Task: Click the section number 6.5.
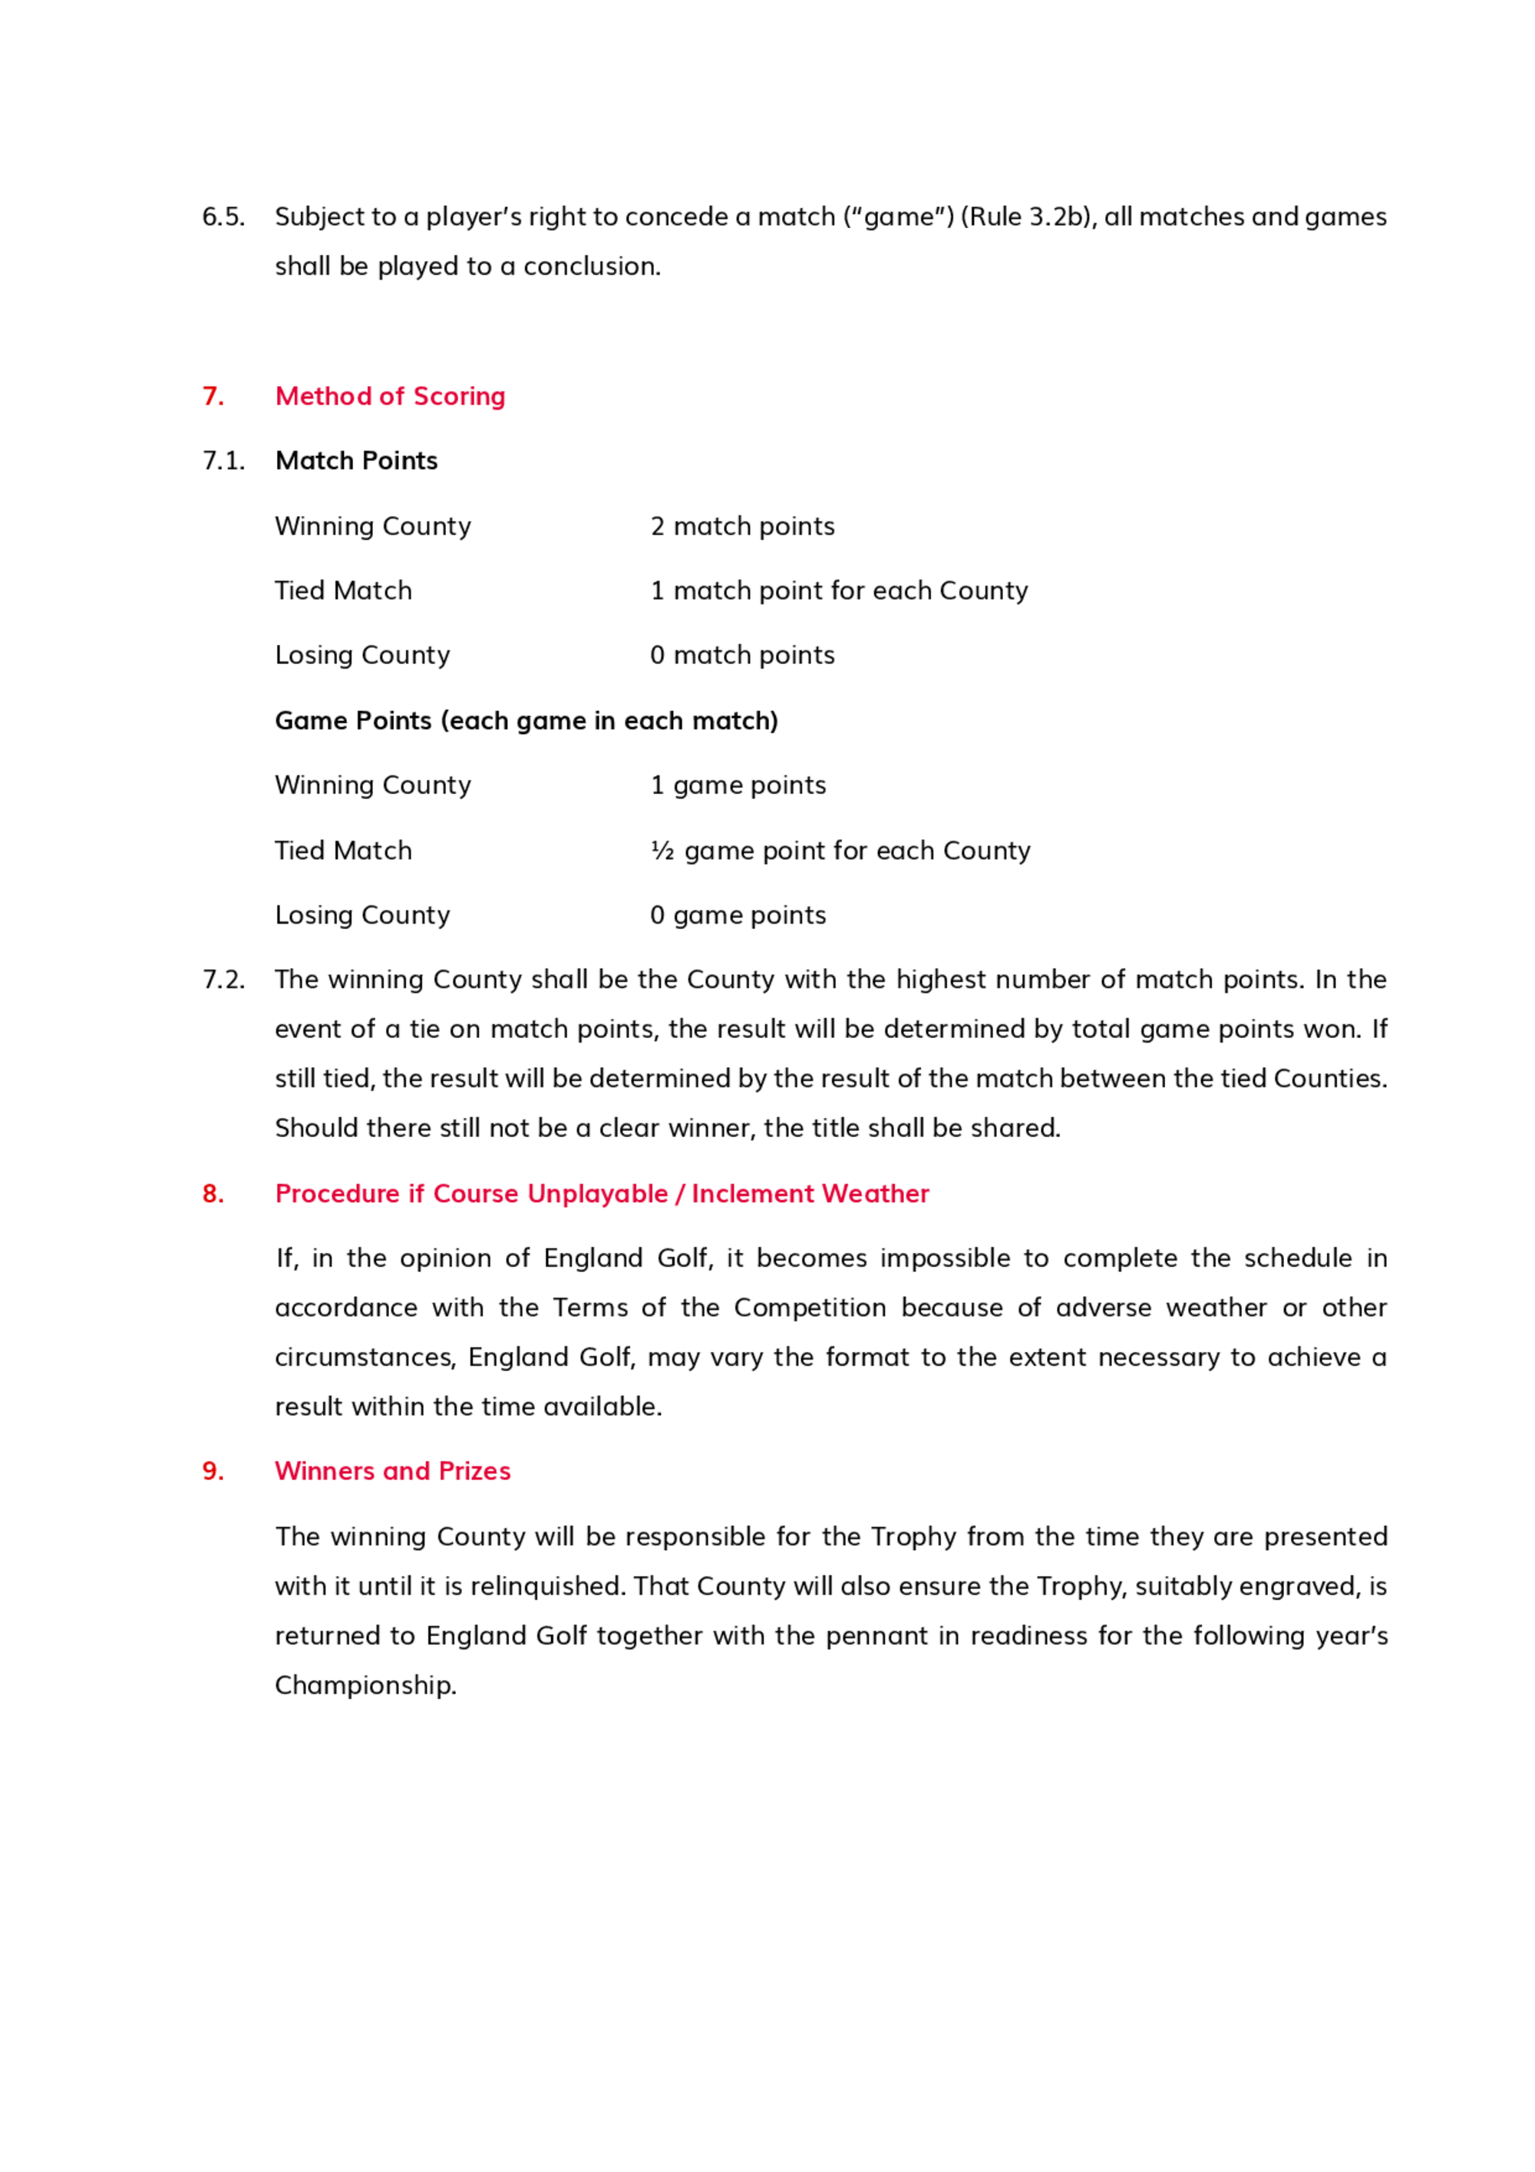click(x=223, y=217)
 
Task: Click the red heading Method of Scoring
click(x=390, y=395)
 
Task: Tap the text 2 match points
click(x=742, y=526)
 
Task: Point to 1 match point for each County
click(x=839, y=590)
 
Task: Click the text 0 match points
click(x=742, y=655)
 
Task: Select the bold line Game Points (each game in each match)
click(x=526, y=721)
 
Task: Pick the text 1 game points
click(x=738, y=785)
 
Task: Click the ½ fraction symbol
click(x=662, y=851)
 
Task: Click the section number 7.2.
click(x=223, y=979)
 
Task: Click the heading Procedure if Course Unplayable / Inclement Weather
click(x=602, y=1194)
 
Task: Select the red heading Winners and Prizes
click(x=392, y=1471)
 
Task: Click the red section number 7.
click(x=213, y=395)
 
